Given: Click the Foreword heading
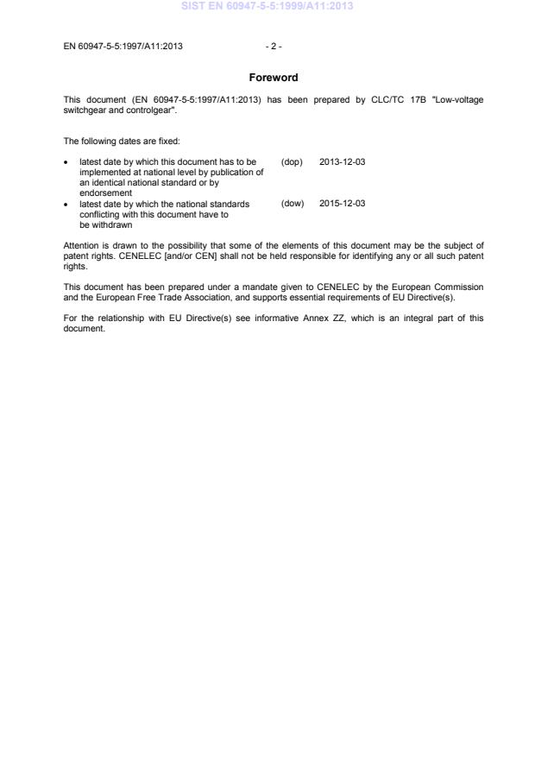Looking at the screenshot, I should (x=274, y=78).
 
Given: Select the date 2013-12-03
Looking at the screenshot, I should (x=342, y=162).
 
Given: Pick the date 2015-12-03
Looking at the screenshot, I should (x=342, y=204).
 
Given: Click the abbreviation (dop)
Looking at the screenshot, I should (x=292, y=162).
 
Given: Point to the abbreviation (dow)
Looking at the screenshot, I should (x=293, y=204).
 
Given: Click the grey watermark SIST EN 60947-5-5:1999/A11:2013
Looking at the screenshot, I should (x=267, y=7).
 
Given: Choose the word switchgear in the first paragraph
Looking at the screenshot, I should (x=85, y=110).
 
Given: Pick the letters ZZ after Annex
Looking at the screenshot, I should (x=355, y=317).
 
